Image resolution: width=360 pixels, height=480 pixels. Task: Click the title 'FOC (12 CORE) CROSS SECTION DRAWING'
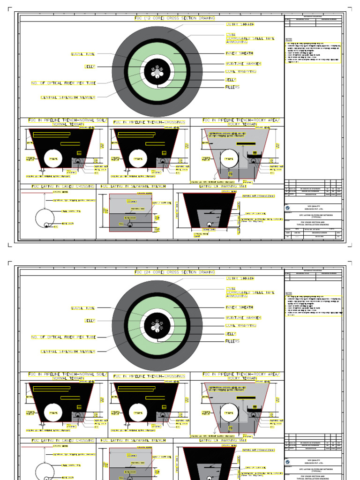(x=174, y=18)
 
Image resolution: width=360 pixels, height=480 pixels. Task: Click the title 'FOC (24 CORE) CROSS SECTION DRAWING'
(x=174, y=272)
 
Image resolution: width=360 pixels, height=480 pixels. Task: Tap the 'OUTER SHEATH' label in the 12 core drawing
(x=240, y=24)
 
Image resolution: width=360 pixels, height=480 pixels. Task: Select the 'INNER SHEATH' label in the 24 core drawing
(x=239, y=307)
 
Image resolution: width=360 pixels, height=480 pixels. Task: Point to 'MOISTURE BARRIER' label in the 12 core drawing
(x=243, y=63)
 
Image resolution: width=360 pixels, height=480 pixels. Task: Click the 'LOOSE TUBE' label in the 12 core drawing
(x=82, y=54)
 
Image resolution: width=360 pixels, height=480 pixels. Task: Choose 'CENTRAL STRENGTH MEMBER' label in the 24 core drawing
(x=68, y=351)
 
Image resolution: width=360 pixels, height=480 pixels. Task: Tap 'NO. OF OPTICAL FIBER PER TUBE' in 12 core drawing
(x=63, y=83)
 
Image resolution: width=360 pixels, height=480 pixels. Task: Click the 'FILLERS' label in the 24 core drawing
(x=232, y=341)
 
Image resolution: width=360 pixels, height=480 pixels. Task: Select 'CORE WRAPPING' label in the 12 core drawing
(x=240, y=71)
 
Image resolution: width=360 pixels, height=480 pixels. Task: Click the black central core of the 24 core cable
(x=157, y=325)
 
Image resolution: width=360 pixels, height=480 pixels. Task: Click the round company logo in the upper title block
(x=287, y=208)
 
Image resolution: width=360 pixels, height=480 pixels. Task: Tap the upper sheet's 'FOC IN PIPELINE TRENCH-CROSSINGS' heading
(x=149, y=122)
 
